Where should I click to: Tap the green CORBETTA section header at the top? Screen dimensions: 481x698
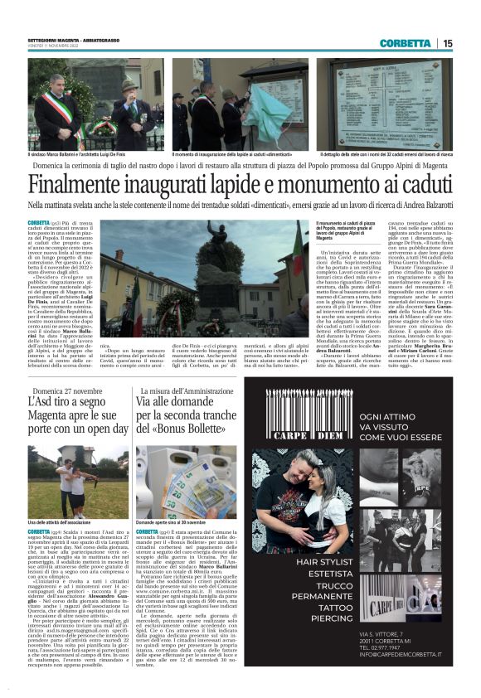[406, 43]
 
